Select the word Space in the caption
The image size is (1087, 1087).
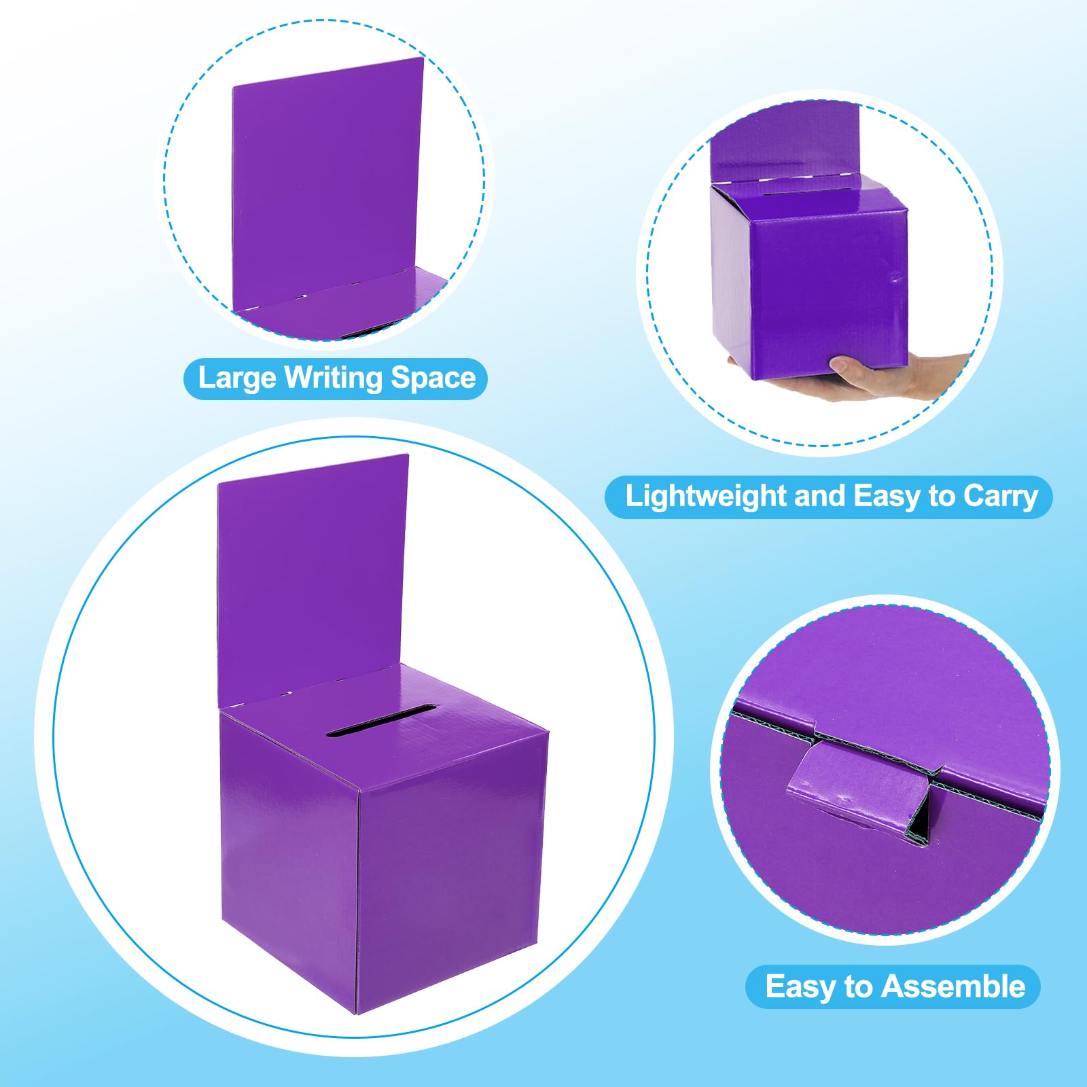pyautogui.click(x=434, y=378)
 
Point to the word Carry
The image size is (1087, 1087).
pyautogui.click(x=1001, y=497)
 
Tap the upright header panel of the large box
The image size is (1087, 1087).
pyautogui.click(x=313, y=577)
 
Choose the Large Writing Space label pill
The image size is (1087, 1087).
pyautogui.click(x=336, y=378)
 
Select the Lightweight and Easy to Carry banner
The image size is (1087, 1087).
pyautogui.click(x=829, y=497)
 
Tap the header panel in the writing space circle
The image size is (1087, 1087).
pyautogui.click(x=327, y=183)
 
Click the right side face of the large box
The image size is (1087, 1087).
pyautogui.click(x=452, y=870)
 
